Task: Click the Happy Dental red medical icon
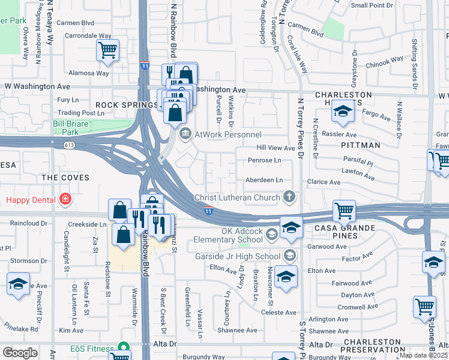[x=65, y=199]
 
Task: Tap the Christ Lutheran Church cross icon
[x=289, y=197]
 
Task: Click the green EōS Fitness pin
[x=124, y=347]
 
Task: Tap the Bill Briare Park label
[x=74, y=127]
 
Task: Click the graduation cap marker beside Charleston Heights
[x=343, y=112]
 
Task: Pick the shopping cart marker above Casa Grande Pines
[x=345, y=211]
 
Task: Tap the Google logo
[x=20, y=352]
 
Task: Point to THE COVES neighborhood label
[x=65, y=178]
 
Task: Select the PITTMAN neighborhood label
[x=360, y=145]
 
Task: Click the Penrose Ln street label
[x=264, y=161]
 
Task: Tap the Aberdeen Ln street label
[x=264, y=180]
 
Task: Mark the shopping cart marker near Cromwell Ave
[x=424, y=306]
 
